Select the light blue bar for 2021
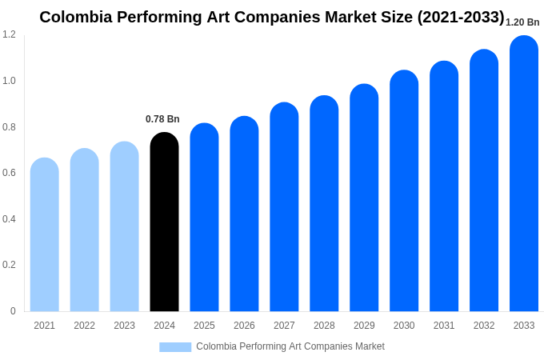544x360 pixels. (x=45, y=235)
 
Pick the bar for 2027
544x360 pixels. (x=284, y=207)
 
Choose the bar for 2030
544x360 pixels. (x=404, y=191)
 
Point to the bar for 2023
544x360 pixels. (x=124, y=227)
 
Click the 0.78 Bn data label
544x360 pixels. (x=162, y=119)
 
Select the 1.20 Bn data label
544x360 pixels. (x=522, y=22)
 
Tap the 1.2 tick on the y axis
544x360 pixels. (x=9, y=34)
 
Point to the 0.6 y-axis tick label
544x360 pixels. (x=9, y=173)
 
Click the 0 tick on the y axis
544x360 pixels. (x=13, y=311)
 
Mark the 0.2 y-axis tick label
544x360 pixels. (x=9, y=265)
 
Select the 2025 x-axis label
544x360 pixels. (x=204, y=326)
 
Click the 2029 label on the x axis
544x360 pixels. (x=364, y=326)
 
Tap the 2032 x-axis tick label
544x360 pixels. (x=484, y=326)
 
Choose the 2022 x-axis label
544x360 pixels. (x=84, y=326)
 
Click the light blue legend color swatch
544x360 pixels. (x=175, y=347)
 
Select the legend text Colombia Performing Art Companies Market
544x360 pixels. (x=290, y=346)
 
